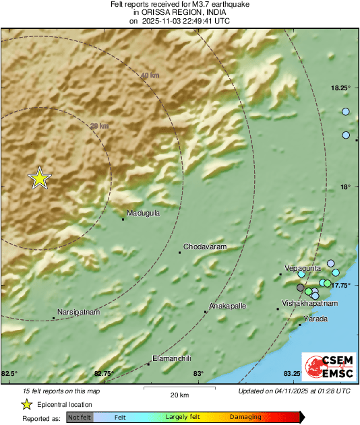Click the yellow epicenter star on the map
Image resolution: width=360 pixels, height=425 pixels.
click(x=40, y=178)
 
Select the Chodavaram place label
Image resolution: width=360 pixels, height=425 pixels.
click(x=204, y=247)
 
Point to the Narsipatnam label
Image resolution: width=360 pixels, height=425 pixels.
click(x=79, y=313)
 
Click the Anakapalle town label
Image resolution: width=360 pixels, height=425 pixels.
click(x=228, y=306)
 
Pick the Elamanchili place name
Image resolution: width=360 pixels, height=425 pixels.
click(x=172, y=358)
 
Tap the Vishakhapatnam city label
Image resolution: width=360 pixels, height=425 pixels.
click(x=309, y=304)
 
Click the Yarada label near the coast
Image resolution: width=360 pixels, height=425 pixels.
click(x=316, y=319)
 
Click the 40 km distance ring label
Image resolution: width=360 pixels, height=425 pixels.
click(x=150, y=75)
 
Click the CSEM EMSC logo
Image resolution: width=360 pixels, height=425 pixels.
click(x=325, y=368)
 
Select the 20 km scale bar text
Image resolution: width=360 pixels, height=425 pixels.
click(x=179, y=394)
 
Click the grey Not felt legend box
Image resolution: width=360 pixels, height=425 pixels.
click(x=80, y=418)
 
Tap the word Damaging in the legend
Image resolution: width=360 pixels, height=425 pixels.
click(x=245, y=418)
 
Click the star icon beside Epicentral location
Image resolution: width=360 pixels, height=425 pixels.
click(x=26, y=404)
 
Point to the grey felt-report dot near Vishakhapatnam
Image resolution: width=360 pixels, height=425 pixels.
click(x=301, y=288)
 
